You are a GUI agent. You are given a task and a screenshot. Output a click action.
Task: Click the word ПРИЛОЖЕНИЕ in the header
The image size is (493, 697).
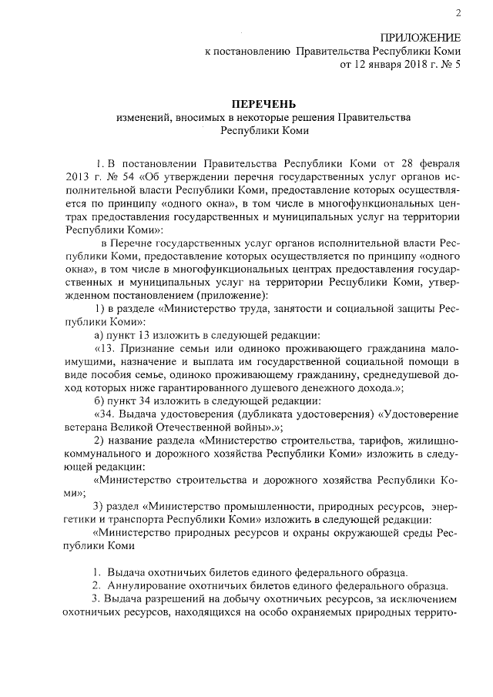coord(421,38)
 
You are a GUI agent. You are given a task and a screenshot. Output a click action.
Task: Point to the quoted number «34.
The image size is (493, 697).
coord(102,414)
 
